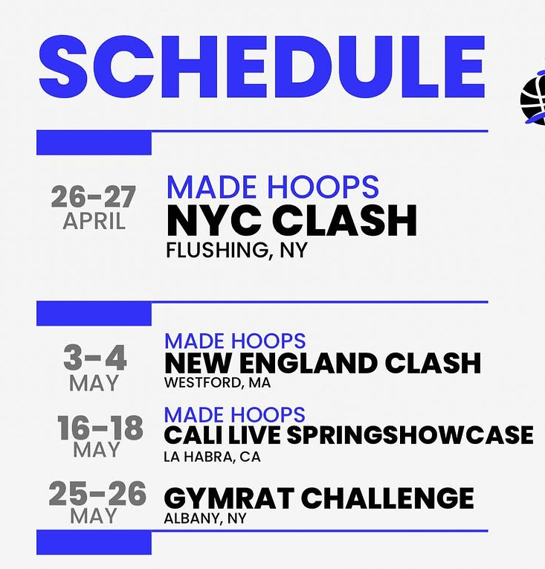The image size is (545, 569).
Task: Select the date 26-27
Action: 94,197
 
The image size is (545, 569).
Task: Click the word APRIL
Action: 94,221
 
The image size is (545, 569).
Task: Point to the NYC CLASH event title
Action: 291,221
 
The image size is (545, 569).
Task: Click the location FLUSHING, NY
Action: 236,251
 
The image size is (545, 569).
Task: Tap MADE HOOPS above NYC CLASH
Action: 272,187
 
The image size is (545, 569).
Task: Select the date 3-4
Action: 94,359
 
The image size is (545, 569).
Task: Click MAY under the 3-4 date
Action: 94,384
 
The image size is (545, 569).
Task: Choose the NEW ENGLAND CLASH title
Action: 323,364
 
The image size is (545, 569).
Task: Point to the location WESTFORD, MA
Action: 217,383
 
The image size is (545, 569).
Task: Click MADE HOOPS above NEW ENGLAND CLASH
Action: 235,341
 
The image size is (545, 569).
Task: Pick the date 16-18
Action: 100,428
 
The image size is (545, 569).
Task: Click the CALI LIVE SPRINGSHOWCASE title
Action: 348,435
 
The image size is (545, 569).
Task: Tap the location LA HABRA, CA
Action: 212,457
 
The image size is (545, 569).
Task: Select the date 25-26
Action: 97,494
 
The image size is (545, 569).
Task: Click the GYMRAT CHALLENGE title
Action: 318,498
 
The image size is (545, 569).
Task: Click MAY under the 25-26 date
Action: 94,516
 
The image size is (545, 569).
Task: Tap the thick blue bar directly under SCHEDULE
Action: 94,142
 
